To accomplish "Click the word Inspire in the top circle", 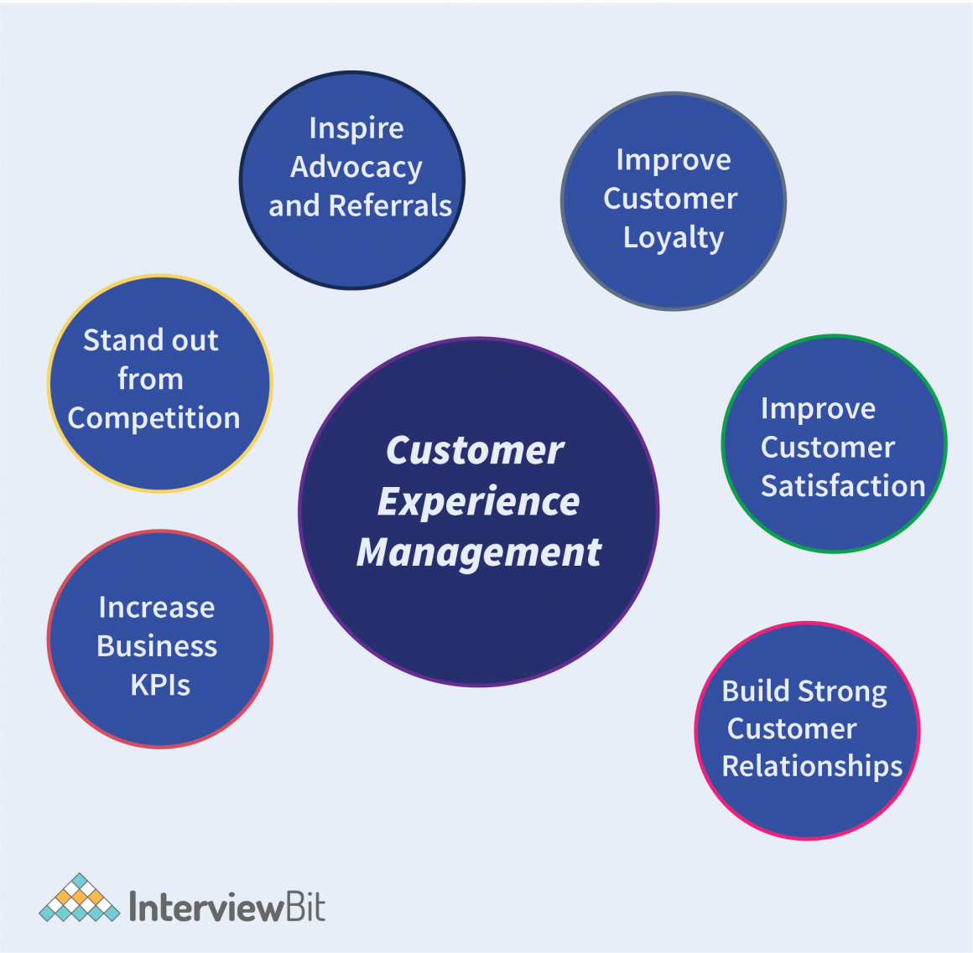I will [356, 129].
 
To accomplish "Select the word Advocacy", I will [356, 168].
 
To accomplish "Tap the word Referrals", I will [390, 206].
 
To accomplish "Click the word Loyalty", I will [674, 238].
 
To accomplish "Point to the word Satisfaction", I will [843, 486].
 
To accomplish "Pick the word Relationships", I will [812, 766].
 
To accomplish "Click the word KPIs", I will [160, 686].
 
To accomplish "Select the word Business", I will [157, 646].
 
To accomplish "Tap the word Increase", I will [157, 608].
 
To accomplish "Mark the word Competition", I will [153, 418].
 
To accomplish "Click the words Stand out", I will [151, 340].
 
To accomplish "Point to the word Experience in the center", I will [478, 502].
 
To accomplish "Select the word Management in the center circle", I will [479, 553].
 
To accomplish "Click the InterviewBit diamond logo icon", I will [79, 899].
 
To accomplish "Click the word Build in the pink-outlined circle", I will [756, 691].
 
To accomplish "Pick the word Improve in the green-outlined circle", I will [818, 409].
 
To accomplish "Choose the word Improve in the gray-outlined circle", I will [674, 160].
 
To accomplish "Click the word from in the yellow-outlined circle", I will [150, 379].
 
